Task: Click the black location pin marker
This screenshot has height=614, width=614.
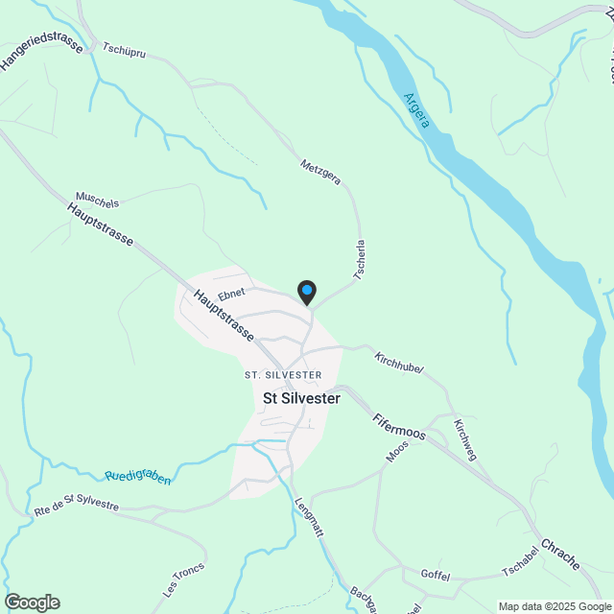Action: tap(306, 291)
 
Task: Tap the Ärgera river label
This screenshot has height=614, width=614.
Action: tap(416, 113)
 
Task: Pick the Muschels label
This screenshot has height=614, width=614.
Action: tap(96, 203)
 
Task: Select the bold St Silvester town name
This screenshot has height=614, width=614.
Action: tap(301, 398)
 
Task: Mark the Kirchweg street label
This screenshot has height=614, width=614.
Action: tap(464, 440)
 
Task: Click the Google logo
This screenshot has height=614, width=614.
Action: tap(32, 602)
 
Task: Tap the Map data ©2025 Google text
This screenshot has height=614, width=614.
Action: tap(553, 606)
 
